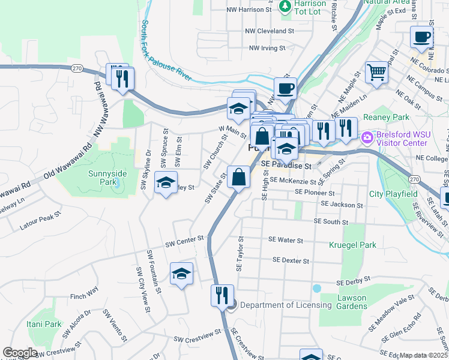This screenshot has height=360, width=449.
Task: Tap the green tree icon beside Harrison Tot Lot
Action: (285, 6)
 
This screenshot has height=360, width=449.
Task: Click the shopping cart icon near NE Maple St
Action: (377, 73)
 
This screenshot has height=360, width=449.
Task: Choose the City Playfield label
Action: (393, 194)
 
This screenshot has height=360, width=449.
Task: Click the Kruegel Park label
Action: (352, 245)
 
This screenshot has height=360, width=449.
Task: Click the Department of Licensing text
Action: (286, 305)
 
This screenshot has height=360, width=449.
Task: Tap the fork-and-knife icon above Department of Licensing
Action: (221, 295)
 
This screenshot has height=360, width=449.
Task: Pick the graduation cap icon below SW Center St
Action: (181, 274)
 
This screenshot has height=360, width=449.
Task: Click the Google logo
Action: (20, 353)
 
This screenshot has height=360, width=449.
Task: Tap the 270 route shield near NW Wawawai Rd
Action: (77, 68)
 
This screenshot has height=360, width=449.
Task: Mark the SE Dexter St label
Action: (291, 260)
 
